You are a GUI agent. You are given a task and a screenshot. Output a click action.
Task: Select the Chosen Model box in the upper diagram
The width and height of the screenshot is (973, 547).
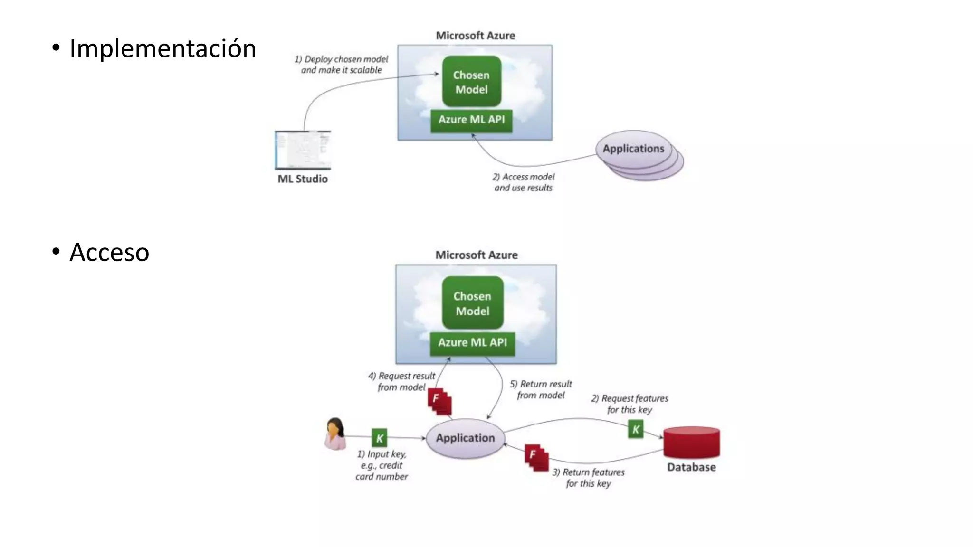point(471,82)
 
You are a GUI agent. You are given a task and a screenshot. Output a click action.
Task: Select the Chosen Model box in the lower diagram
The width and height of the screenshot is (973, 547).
point(472,303)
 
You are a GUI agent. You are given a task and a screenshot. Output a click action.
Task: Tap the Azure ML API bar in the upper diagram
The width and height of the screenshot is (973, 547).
point(471,120)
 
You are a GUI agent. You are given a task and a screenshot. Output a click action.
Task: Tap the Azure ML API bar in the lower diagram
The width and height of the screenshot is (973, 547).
point(472,343)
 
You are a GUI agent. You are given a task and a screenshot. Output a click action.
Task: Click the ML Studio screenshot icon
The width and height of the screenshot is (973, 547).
point(303,150)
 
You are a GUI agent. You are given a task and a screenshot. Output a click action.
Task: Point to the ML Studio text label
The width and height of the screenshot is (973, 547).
point(303,179)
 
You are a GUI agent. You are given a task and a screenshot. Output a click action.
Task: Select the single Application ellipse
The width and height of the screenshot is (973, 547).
point(465,438)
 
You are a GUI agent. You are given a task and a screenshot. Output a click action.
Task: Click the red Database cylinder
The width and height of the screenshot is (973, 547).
point(691,443)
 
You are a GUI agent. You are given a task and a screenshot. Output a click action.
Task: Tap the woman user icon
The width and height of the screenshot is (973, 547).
point(335,434)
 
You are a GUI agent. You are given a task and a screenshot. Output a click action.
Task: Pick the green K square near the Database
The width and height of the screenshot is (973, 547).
point(636,430)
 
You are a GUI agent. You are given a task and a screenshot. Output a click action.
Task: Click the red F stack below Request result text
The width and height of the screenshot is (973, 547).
point(439,402)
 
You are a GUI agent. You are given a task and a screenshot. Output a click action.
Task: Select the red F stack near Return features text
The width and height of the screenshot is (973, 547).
point(536,458)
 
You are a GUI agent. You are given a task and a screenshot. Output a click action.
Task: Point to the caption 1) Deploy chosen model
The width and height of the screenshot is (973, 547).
point(341,65)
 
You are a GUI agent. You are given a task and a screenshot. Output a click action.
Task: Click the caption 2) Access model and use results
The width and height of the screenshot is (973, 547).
point(523,182)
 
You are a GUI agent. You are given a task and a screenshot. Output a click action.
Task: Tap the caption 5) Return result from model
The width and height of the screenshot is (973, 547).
point(541,389)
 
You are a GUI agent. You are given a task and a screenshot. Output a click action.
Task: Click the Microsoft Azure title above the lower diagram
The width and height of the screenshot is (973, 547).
point(476,255)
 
